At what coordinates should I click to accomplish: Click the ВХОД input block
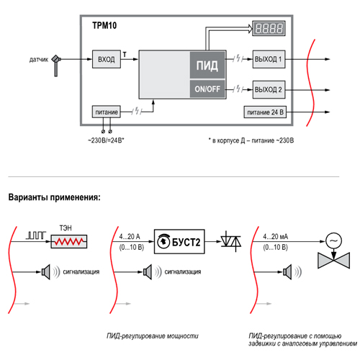coord(107,59)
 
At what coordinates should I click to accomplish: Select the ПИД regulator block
coord(207,65)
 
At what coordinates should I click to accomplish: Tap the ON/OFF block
coord(207,89)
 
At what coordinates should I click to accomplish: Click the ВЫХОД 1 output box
coord(269,59)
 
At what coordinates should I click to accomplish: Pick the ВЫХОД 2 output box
coord(269,89)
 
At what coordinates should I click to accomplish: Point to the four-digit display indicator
coord(269,28)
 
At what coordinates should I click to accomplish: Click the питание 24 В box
coord(265,112)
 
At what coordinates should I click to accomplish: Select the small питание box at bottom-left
coord(107,112)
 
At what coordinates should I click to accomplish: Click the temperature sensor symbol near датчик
coord(56,65)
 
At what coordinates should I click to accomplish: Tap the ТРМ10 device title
coord(104,25)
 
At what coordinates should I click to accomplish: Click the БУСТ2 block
coord(179,242)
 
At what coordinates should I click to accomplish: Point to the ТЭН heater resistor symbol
coord(69,241)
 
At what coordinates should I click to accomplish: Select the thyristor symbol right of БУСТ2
coord(231,241)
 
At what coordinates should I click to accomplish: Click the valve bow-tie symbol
coord(333,260)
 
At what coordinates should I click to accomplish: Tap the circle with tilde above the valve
coord(333,240)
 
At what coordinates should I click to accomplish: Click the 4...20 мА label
coord(275,237)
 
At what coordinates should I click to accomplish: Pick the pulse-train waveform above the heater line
coord(36,235)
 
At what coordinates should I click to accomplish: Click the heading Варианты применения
coord(54,197)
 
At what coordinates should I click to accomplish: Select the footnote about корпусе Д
coord(251,140)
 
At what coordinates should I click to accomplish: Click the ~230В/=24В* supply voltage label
coord(106,140)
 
